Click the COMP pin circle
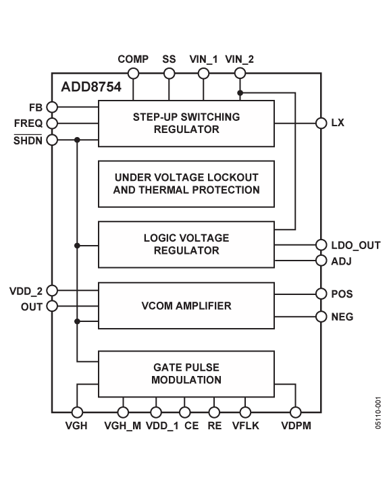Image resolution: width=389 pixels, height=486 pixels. point(133,74)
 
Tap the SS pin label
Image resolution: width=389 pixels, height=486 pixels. point(169,59)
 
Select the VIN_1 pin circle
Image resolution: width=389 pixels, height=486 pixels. point(203,74)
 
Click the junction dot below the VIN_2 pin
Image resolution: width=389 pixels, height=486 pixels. point(240,92)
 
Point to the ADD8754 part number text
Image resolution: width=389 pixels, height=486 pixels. point(91,87)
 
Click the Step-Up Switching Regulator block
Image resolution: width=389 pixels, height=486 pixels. point(186,124)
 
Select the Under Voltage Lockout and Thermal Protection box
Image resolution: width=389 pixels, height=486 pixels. point(186,184)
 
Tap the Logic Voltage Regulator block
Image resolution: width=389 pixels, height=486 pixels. point(186,244)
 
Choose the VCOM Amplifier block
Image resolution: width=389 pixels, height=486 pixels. point(186,306)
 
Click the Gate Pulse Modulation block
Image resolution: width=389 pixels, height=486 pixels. point(186,374)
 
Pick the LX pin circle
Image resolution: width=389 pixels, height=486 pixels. point(321,123)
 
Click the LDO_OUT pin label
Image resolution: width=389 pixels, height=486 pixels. point(356,245)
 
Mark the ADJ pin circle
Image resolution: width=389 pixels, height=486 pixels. point(321,261)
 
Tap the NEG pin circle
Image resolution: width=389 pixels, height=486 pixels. point(321,317)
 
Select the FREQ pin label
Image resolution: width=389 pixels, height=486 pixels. point(28,124)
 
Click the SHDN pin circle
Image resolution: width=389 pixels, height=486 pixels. point(52,140)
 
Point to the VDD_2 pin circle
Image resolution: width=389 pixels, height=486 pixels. point(52,291)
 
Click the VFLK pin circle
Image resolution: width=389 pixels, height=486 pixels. point(245,412)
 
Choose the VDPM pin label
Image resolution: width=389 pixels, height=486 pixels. point(296,425)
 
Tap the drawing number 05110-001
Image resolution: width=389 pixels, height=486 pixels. point(378,413)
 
